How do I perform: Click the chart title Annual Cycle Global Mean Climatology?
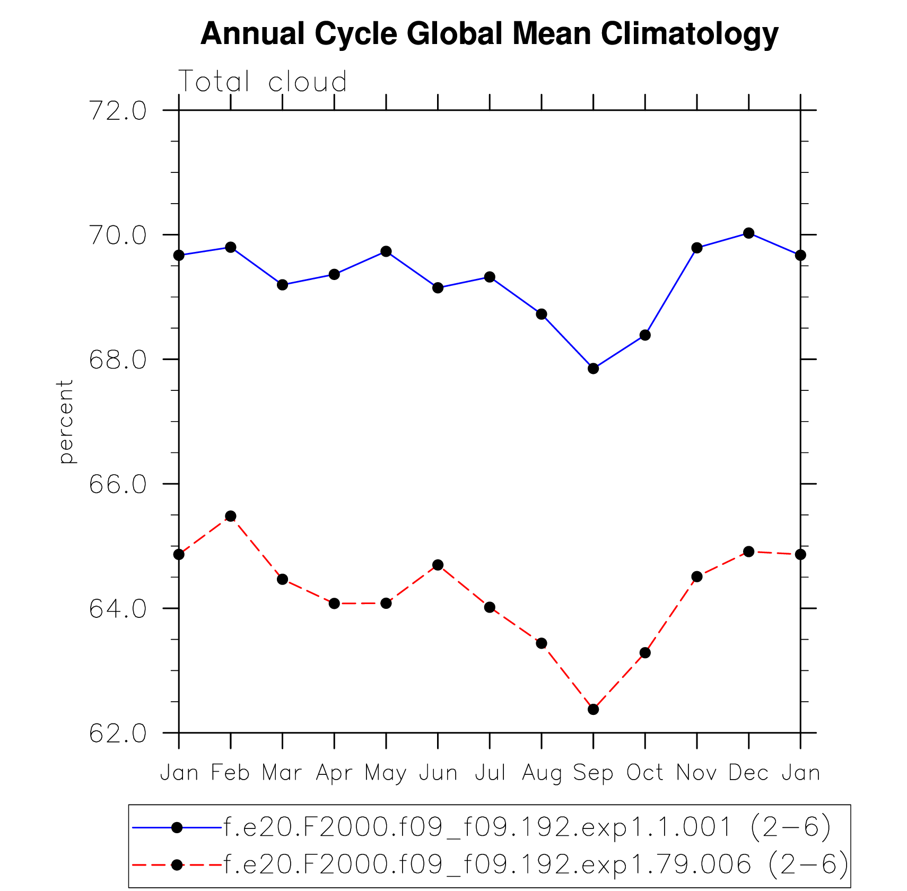pos(489,34)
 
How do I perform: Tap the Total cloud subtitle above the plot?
pos(263,82)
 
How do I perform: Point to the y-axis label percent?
pos(66,422)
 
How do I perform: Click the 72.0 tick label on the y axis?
pos(118,111)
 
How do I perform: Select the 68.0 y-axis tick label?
pos(118,360)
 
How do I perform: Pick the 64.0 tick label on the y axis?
pos(118,609)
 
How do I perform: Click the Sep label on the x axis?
pos(593,773)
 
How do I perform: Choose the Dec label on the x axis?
pos(748,773)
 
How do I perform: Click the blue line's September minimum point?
pos(593,369)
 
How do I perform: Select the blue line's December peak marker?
pos(748,233)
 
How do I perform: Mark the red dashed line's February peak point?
pos(230,516)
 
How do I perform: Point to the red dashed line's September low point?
pos(593,709)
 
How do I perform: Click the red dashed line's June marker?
pos(438,565)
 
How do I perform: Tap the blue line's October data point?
pos(645,335)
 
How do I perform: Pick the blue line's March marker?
pos(282,285)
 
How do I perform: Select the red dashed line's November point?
pos(697,576)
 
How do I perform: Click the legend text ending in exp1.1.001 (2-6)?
pos(527,827)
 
